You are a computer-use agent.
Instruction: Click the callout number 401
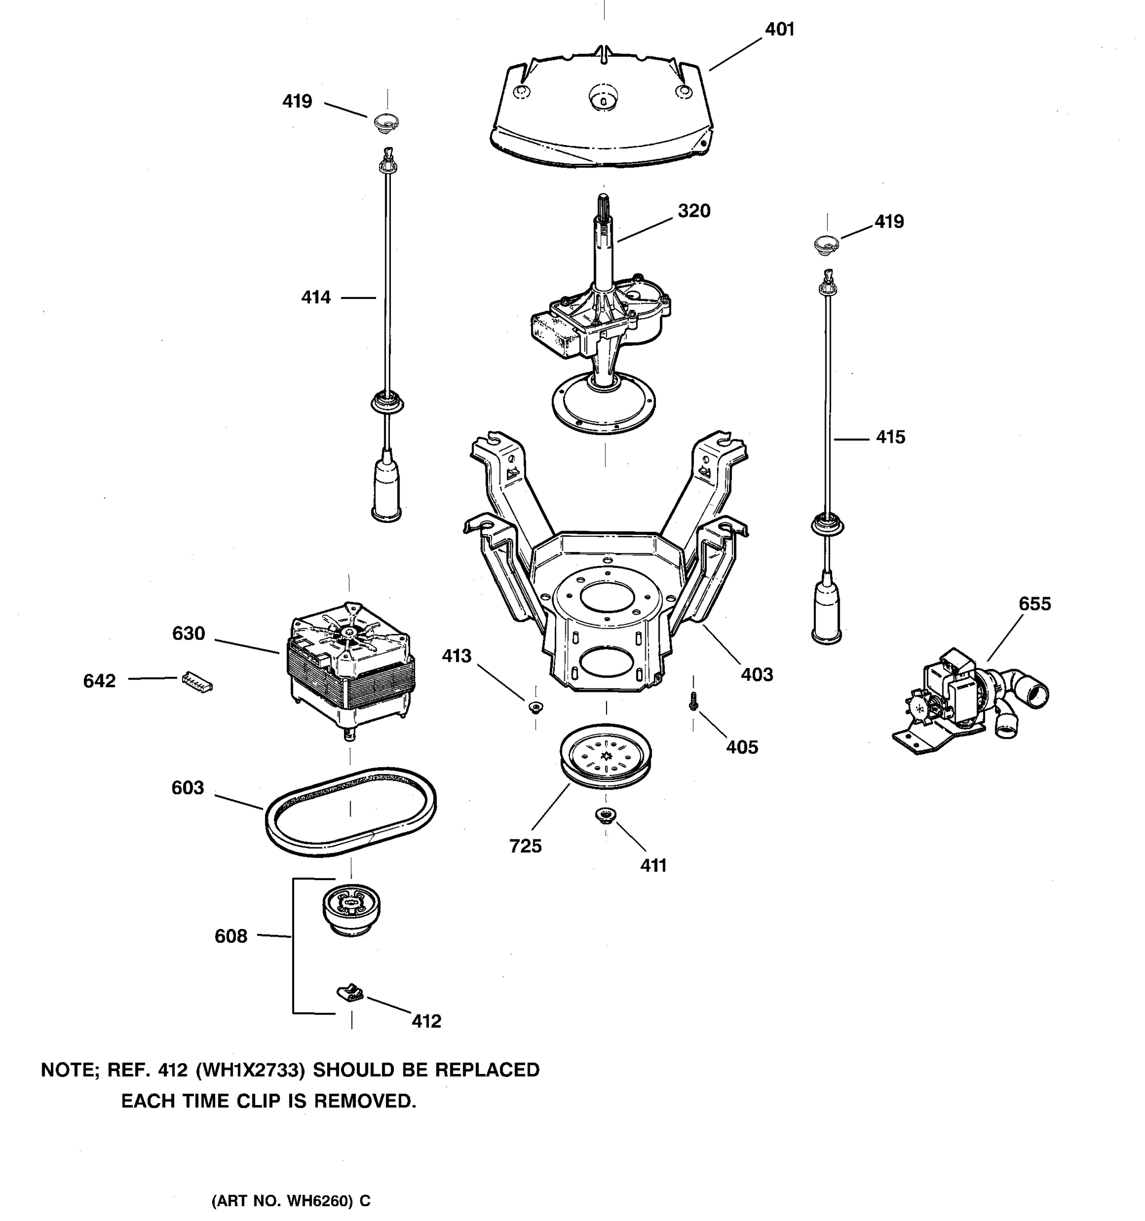779,30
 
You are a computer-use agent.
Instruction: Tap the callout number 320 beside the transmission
694,211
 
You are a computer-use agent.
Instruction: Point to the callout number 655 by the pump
1035,604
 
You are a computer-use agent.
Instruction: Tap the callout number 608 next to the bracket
231,936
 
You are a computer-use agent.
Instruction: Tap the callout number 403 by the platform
756,675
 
